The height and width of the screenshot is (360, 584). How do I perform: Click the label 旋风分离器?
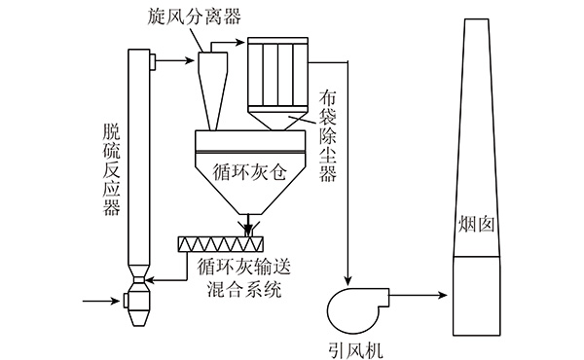pyautogui.click(x=194, y=16)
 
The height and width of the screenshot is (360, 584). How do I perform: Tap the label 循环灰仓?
pyautogui.click(x=250, y=172)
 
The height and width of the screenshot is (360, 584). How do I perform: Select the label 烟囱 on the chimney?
pyautogui.click(x=476, y=225)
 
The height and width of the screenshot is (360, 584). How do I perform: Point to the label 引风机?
pyautogui.click(x=355, y=350)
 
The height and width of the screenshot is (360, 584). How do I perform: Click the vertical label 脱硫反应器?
pyautogui.click(x=112, y=170)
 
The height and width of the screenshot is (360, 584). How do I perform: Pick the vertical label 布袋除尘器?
pyautogui.click(x=328, y=135)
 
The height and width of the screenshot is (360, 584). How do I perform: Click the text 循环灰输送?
pyautogui.click(x=244, y=267)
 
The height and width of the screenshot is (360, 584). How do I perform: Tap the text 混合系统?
pyautogui.click(x=244, y=289)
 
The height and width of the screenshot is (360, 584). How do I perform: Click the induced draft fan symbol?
pyautogui.click(x=358, y=310)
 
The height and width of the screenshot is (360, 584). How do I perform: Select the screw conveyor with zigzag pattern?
pyautogui.click(x=221, y=244)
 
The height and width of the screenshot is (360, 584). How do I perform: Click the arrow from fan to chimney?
pyautogui.click(x=418, y=296)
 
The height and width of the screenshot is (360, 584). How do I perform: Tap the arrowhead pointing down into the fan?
pyautogui.click(x=347, y=281)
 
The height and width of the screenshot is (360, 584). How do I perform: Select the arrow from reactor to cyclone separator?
pyautogui.click(x=174, y=60)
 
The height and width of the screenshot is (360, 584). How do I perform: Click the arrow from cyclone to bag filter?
pyautogui.click(x=224, y=42)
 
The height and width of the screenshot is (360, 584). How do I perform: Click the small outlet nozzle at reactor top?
pyautogui.click(x=153, y=62)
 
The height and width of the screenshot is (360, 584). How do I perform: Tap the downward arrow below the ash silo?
pyautogui.click(x=247, y=225)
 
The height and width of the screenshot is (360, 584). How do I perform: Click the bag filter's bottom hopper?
pyautogui.click(x=277, y=119)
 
